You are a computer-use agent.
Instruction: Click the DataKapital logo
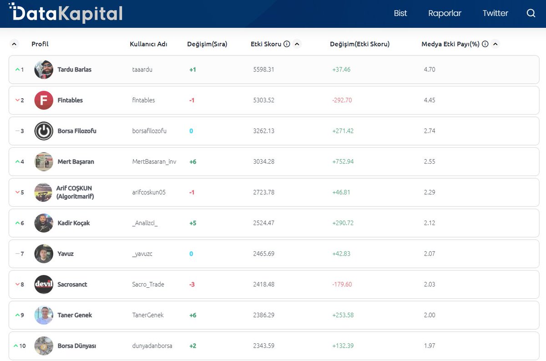(66, 13)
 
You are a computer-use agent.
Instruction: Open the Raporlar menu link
(445, 13)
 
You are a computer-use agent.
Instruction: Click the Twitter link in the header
(495, 13)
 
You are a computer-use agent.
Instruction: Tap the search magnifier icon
(531, 13)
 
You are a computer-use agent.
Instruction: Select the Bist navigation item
(400, 13)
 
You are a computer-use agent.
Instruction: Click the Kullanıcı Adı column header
(148, 44)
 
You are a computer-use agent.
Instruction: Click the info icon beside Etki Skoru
(287, 44)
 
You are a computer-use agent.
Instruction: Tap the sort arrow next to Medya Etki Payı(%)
(495, 44)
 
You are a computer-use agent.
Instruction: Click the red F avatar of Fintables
(44, 100)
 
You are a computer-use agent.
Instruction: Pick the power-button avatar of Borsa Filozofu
(44, 131)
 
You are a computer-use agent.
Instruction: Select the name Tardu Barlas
(74, 70)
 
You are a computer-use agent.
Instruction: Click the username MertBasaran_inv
(154, 162)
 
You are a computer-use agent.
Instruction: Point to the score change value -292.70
(342, 100)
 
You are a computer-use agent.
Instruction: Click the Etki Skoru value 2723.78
(263, 192)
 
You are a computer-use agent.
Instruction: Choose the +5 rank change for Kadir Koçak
(192, 223)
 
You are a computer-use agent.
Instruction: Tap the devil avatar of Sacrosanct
(44, 285)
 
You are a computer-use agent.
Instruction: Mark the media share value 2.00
(429, 315)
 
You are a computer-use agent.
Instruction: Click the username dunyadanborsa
(152, 346)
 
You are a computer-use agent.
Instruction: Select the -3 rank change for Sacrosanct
(192, 285)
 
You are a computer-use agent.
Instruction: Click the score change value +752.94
(343, 162)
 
